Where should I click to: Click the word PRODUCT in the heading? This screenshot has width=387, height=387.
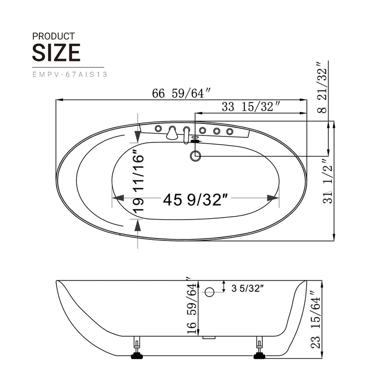pyautogui.click(x=53, y=36)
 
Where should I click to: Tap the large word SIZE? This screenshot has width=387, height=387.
pyautogui.click(x=56, y=52)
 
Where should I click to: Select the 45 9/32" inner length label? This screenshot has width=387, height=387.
pyautogui.click(x=195, y=199)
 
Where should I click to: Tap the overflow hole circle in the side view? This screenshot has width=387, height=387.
pyautogui.click(x=209, y=292)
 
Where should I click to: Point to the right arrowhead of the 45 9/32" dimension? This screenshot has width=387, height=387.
pyautogui.click(x=273, y=198)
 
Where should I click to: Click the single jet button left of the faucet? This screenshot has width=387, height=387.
pyautogui.click(x=158, y=128)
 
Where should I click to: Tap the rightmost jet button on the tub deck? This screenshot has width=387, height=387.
pyautogui.click(x=230, y=131)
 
